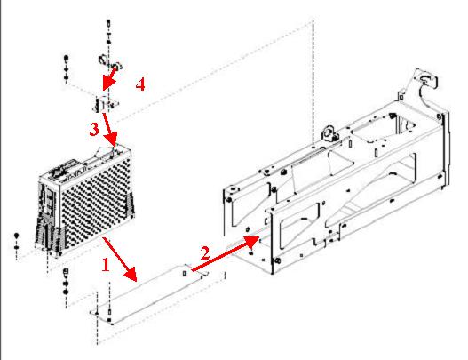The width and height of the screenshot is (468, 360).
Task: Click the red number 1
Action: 106,265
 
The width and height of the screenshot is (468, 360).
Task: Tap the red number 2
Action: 205,253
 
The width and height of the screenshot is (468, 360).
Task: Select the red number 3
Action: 94,130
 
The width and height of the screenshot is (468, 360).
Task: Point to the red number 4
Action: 140,84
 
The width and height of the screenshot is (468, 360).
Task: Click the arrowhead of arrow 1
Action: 131,275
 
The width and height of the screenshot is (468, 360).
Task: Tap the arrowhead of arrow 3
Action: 112,140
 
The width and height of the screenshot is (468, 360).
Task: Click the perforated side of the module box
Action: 97,204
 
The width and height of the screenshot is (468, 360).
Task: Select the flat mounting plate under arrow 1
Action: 149,294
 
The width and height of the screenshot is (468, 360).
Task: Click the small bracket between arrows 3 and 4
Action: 105,104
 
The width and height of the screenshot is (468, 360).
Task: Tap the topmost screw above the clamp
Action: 108,22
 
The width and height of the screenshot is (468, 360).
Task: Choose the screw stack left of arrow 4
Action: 67,68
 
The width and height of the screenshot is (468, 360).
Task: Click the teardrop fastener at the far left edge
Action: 16,236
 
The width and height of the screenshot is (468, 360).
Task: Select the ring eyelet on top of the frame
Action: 329,133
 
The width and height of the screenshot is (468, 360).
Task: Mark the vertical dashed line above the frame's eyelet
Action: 313,82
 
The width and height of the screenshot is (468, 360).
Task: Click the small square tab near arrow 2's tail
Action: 185,273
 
